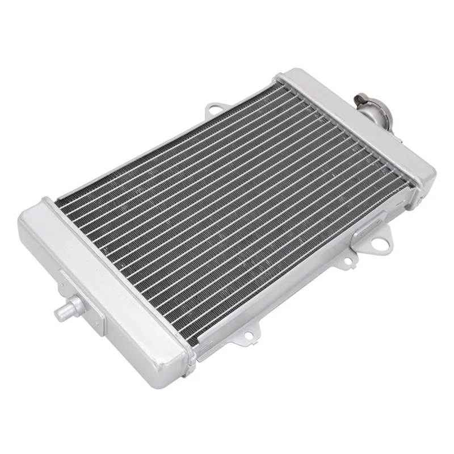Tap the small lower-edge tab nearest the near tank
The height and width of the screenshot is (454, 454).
tap(250, 330)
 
